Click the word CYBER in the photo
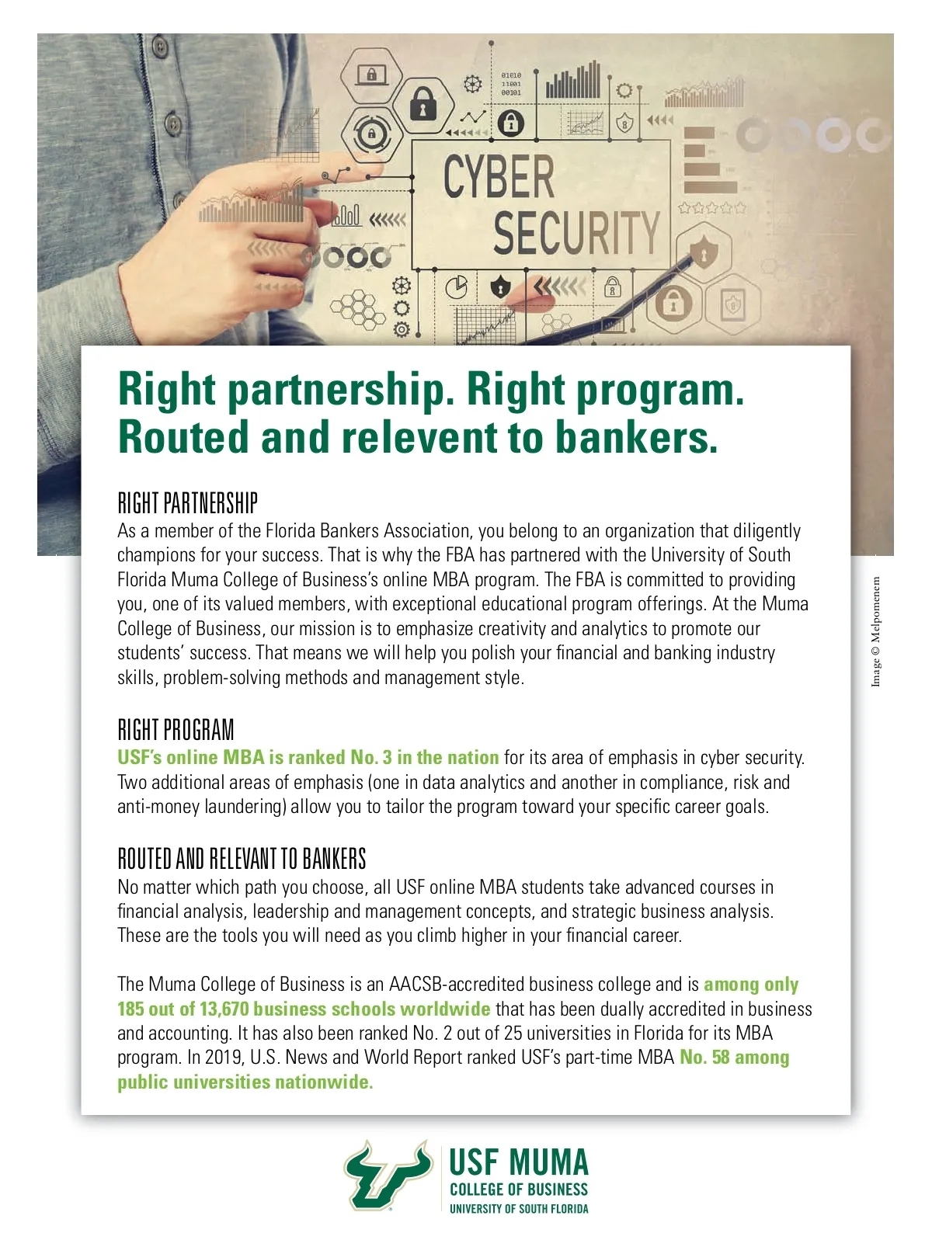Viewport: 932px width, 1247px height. tap(499, 177)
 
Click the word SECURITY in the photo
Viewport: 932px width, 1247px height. tap(576, 231)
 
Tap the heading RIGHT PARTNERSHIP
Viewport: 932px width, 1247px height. tap(187, 503)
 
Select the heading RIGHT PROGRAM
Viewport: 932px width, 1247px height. tap(176, 730)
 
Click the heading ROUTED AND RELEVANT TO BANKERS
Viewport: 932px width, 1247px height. tap(242, 859)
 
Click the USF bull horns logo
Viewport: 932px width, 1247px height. tap(388, 1175)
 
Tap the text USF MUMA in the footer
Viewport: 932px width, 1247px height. tap(519, 1162)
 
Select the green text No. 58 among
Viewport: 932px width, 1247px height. tap(734, 1058)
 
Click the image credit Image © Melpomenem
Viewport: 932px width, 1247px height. tap(876, 630)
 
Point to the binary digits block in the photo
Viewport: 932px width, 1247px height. tap(511, 83)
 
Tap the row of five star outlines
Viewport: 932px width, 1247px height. tap(711, 207)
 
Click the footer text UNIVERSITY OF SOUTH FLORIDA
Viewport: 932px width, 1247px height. tap(519, 1208)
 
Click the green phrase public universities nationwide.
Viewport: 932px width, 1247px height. tap(245, 1082)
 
